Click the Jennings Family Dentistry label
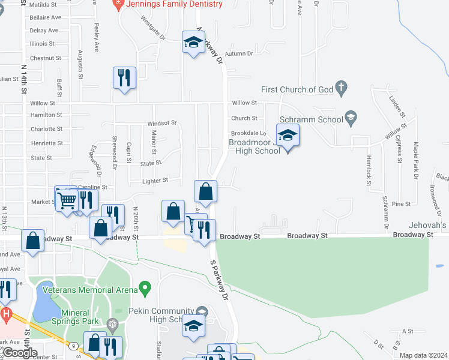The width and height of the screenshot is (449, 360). (x=173, y=4)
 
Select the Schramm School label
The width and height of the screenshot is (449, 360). (x=315, y=119)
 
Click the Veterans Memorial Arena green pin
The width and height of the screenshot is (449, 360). (x=145, y=289)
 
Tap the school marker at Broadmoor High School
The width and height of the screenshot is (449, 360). (x=288, y=136)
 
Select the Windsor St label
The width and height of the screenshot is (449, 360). (x=162, y=123)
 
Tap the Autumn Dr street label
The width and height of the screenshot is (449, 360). (x=239, y=54)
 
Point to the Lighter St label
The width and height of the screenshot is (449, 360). (x=155, y=180)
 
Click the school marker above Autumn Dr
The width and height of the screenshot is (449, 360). (x=193, y=43)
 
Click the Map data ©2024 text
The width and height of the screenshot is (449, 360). (x=423, y=356)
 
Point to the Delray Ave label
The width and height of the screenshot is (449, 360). (x=44, y=31)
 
